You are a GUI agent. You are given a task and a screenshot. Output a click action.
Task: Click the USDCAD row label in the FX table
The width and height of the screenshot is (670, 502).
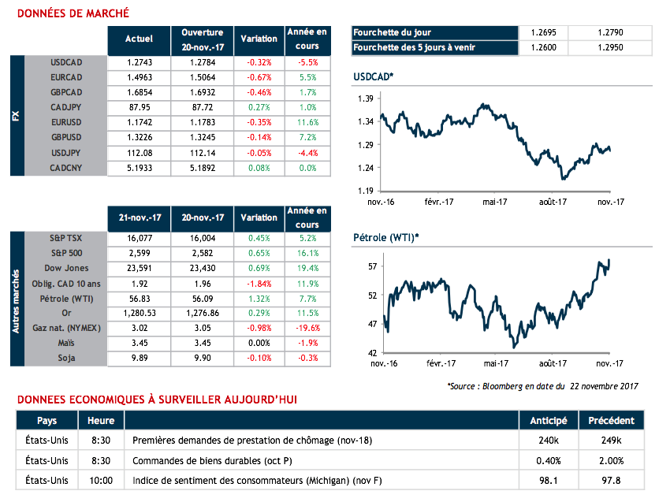pos(66,62)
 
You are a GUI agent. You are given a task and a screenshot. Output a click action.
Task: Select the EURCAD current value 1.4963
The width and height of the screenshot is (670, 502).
pos(139,77)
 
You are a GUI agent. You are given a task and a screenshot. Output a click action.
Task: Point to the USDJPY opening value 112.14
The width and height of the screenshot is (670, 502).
pos(203,153)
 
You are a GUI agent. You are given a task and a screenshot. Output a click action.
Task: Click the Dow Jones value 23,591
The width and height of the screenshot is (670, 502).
pos(139,269)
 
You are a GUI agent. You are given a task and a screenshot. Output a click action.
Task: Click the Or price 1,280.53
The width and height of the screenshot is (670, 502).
pos(139,314)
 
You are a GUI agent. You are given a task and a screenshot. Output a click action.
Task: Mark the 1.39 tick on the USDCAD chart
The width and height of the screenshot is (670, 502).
pos(364,99)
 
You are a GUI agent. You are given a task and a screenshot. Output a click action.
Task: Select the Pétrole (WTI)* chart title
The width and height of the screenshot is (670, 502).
pos(385,237)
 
